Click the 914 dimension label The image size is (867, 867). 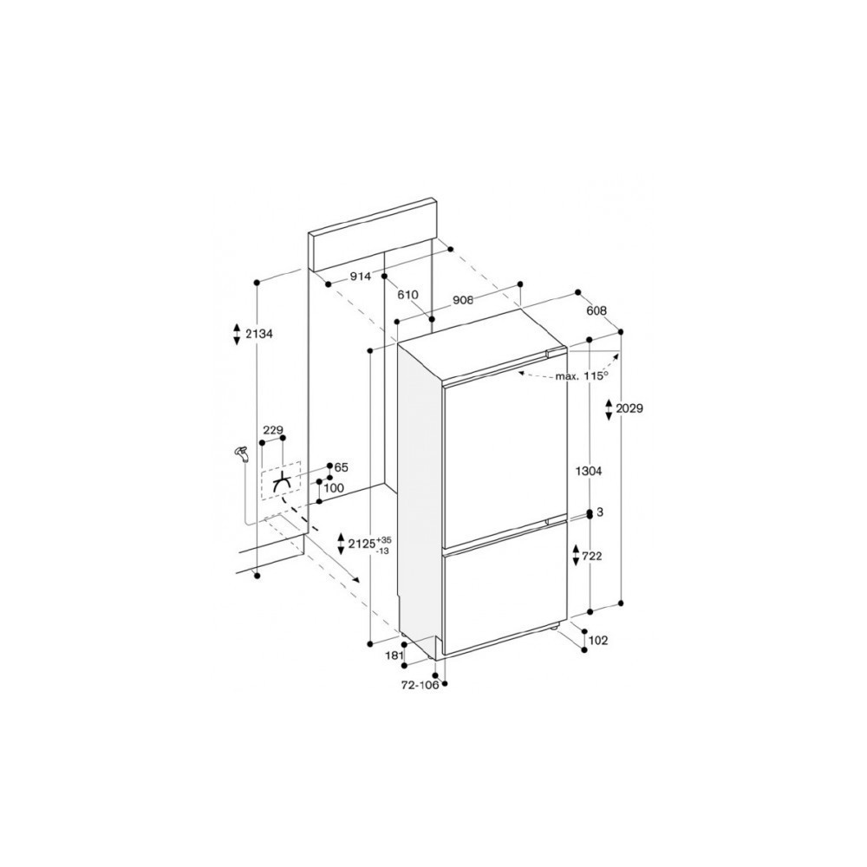point(361,277)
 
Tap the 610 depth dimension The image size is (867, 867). point(407,295)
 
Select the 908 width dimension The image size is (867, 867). point(463,300)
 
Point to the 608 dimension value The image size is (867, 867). point(596,310)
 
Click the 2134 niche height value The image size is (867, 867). point(259,334)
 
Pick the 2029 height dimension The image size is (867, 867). point(629,408)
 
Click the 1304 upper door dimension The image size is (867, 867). point(588,471)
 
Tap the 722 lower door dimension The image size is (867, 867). point(592,557)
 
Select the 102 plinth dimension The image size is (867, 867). point(598,641)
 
